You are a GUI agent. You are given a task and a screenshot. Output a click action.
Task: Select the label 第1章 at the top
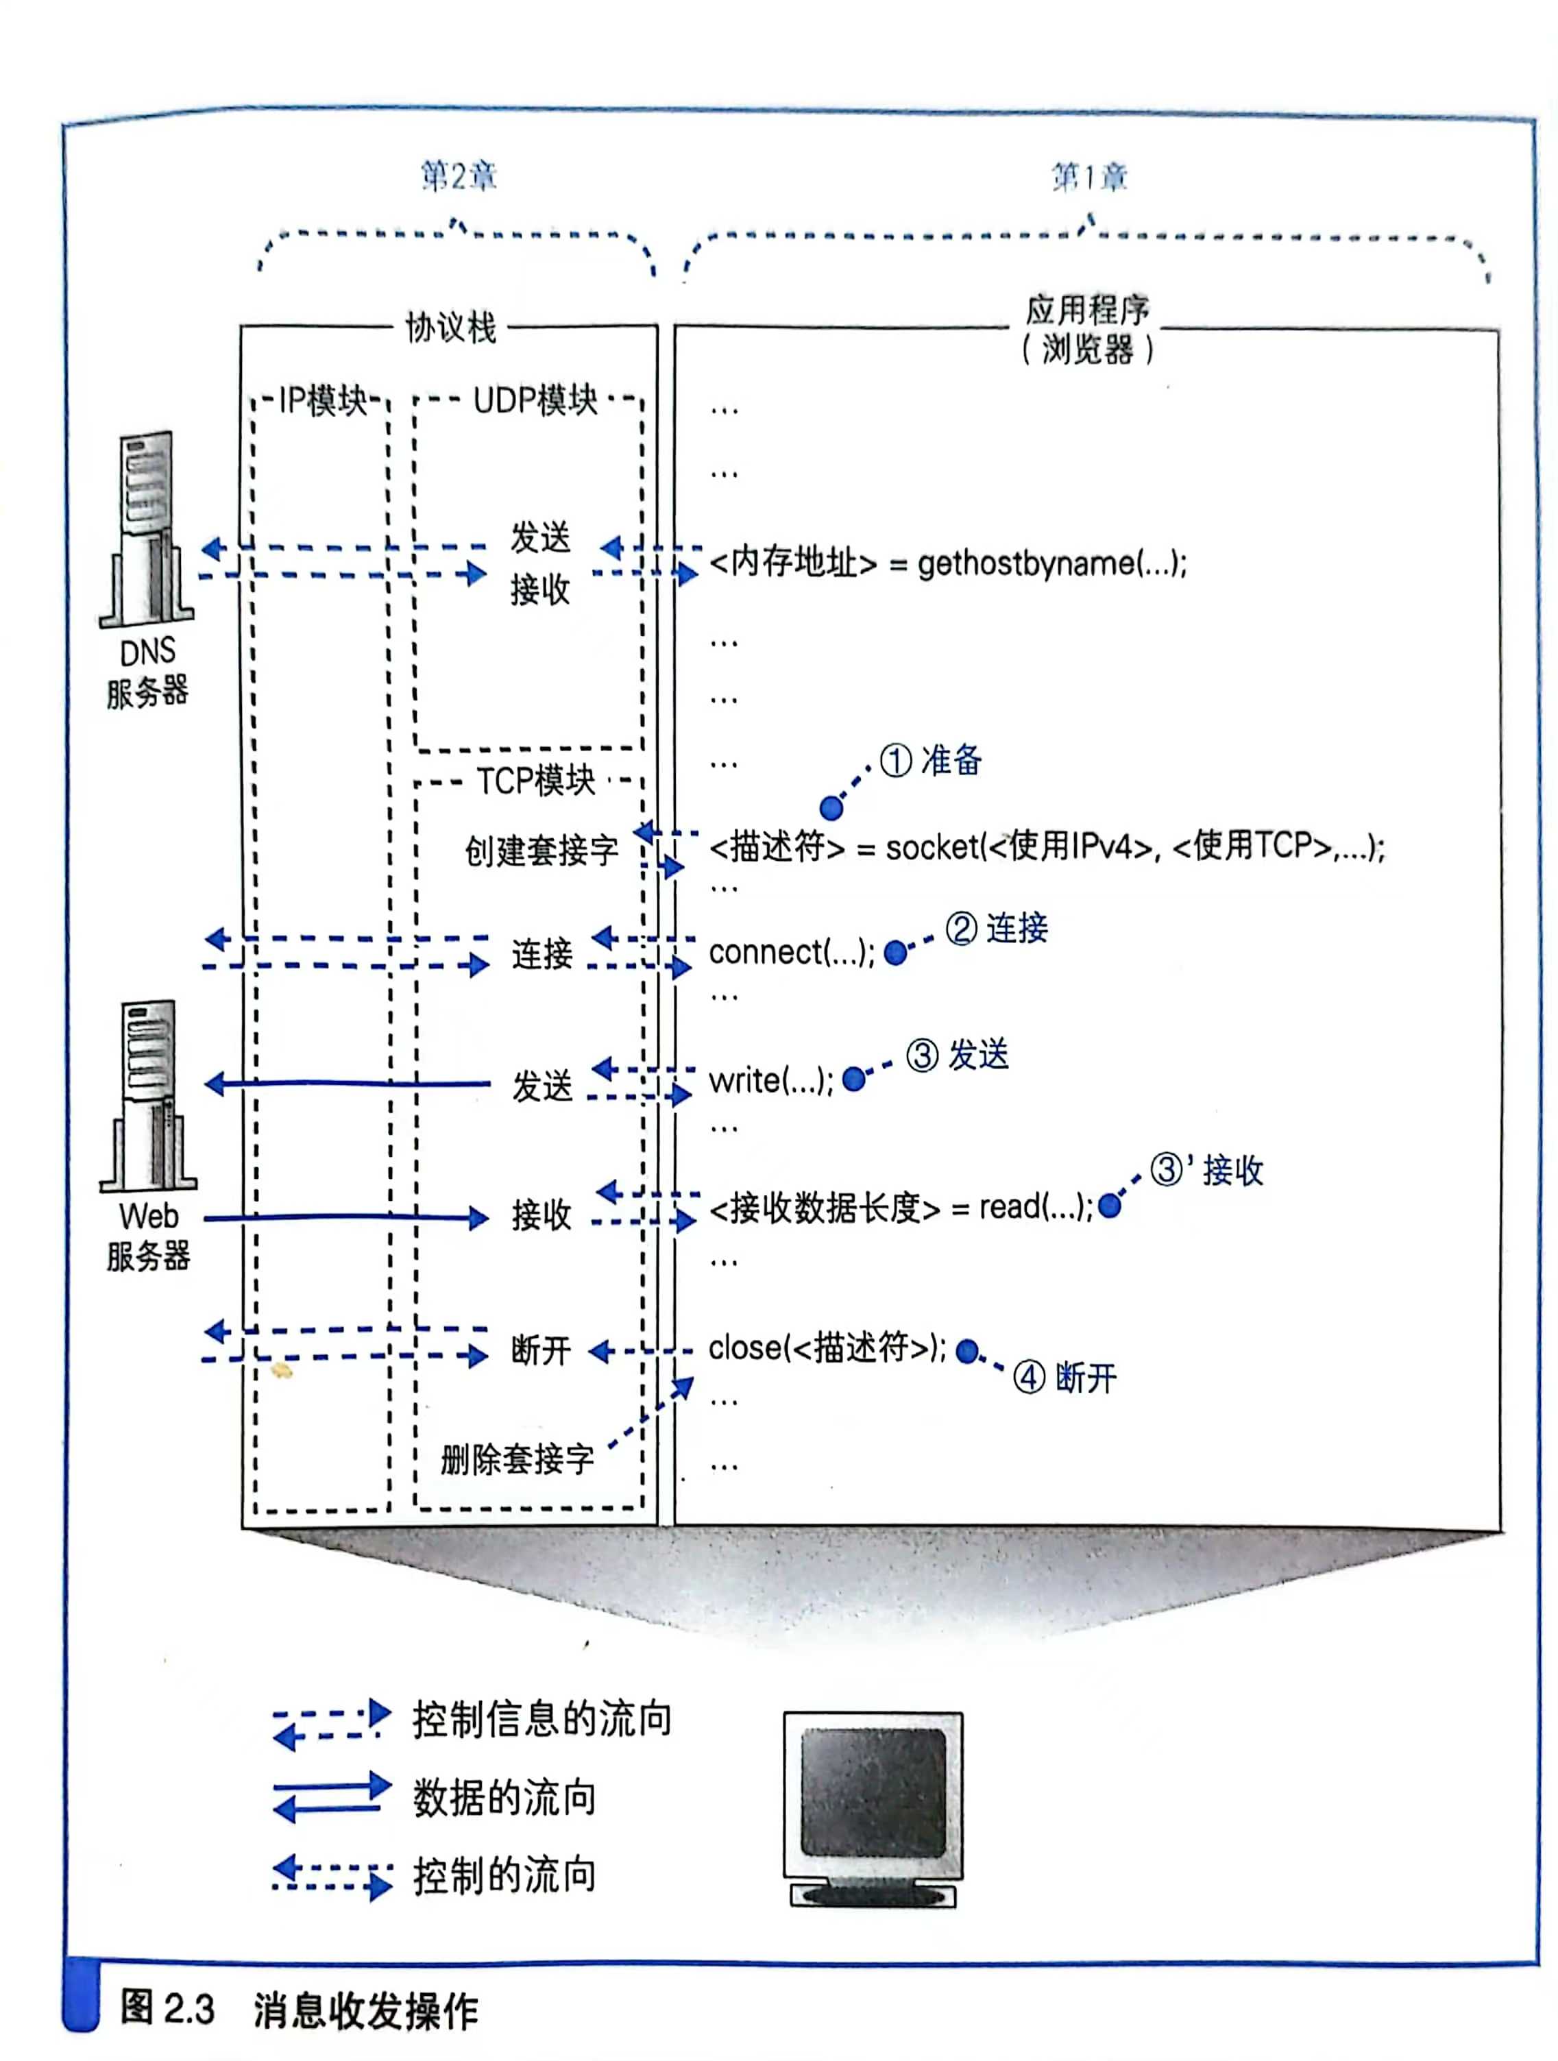click(1089, 176)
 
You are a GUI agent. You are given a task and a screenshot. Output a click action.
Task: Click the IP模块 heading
click(322, 401)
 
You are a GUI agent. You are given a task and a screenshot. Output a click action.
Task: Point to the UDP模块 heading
click(535, 401)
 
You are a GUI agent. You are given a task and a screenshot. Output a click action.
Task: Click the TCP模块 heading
click(536, 781)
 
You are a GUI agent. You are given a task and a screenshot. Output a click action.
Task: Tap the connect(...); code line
click(791, 952)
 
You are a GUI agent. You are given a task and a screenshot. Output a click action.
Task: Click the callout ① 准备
click(931, 760)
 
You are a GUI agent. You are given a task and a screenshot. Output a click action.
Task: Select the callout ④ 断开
click(1065, 1377)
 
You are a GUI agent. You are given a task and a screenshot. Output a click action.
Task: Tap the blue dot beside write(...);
click(853, 1079)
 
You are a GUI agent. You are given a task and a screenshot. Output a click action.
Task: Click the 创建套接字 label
click(541, 850)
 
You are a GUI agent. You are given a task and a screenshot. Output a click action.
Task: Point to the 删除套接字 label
click(517, 1459)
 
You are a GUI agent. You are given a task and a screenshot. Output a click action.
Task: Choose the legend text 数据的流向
click(504, 1797)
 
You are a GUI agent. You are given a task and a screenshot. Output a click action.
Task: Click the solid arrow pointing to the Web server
click(347, 1083)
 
